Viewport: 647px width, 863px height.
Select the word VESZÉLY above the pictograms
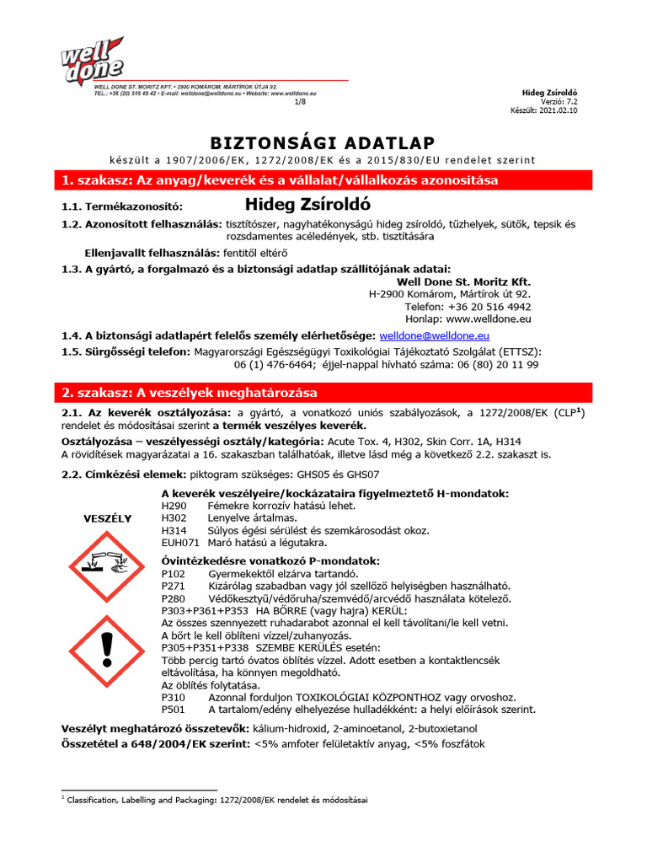click(107, 518)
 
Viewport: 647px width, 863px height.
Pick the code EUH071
click(179, 542)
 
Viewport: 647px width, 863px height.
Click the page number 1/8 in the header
click(301, 101)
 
